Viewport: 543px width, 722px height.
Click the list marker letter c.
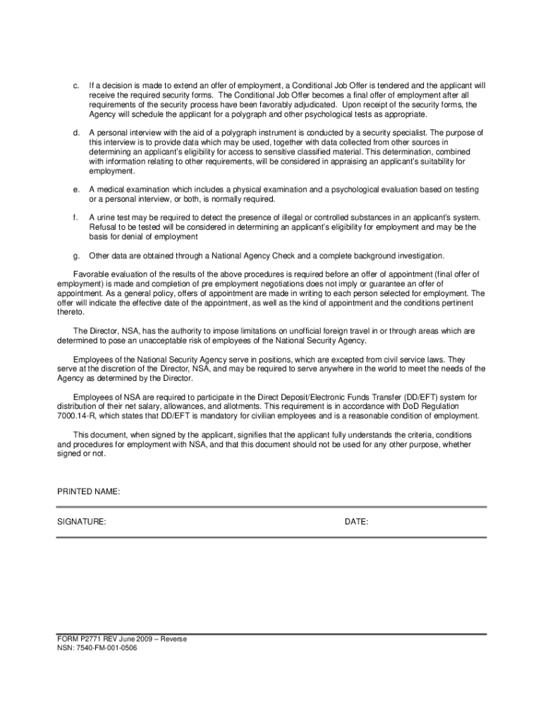coord(75,86)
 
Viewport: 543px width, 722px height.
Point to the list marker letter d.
coord(75,133)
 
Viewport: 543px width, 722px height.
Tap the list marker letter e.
coord(75,190)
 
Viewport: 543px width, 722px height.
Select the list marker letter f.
coord(75,218)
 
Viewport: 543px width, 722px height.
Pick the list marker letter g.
coord(75,255)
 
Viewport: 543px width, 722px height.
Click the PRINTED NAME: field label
coord(88,491)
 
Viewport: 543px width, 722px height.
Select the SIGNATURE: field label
coord(82,522)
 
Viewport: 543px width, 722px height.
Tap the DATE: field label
coord(356,522)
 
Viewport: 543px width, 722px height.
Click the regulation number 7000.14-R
coord(73,416)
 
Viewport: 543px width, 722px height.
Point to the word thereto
coord(69,312)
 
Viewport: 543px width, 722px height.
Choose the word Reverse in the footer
coord(173,640)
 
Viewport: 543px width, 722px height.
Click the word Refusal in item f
coord(102,228)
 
